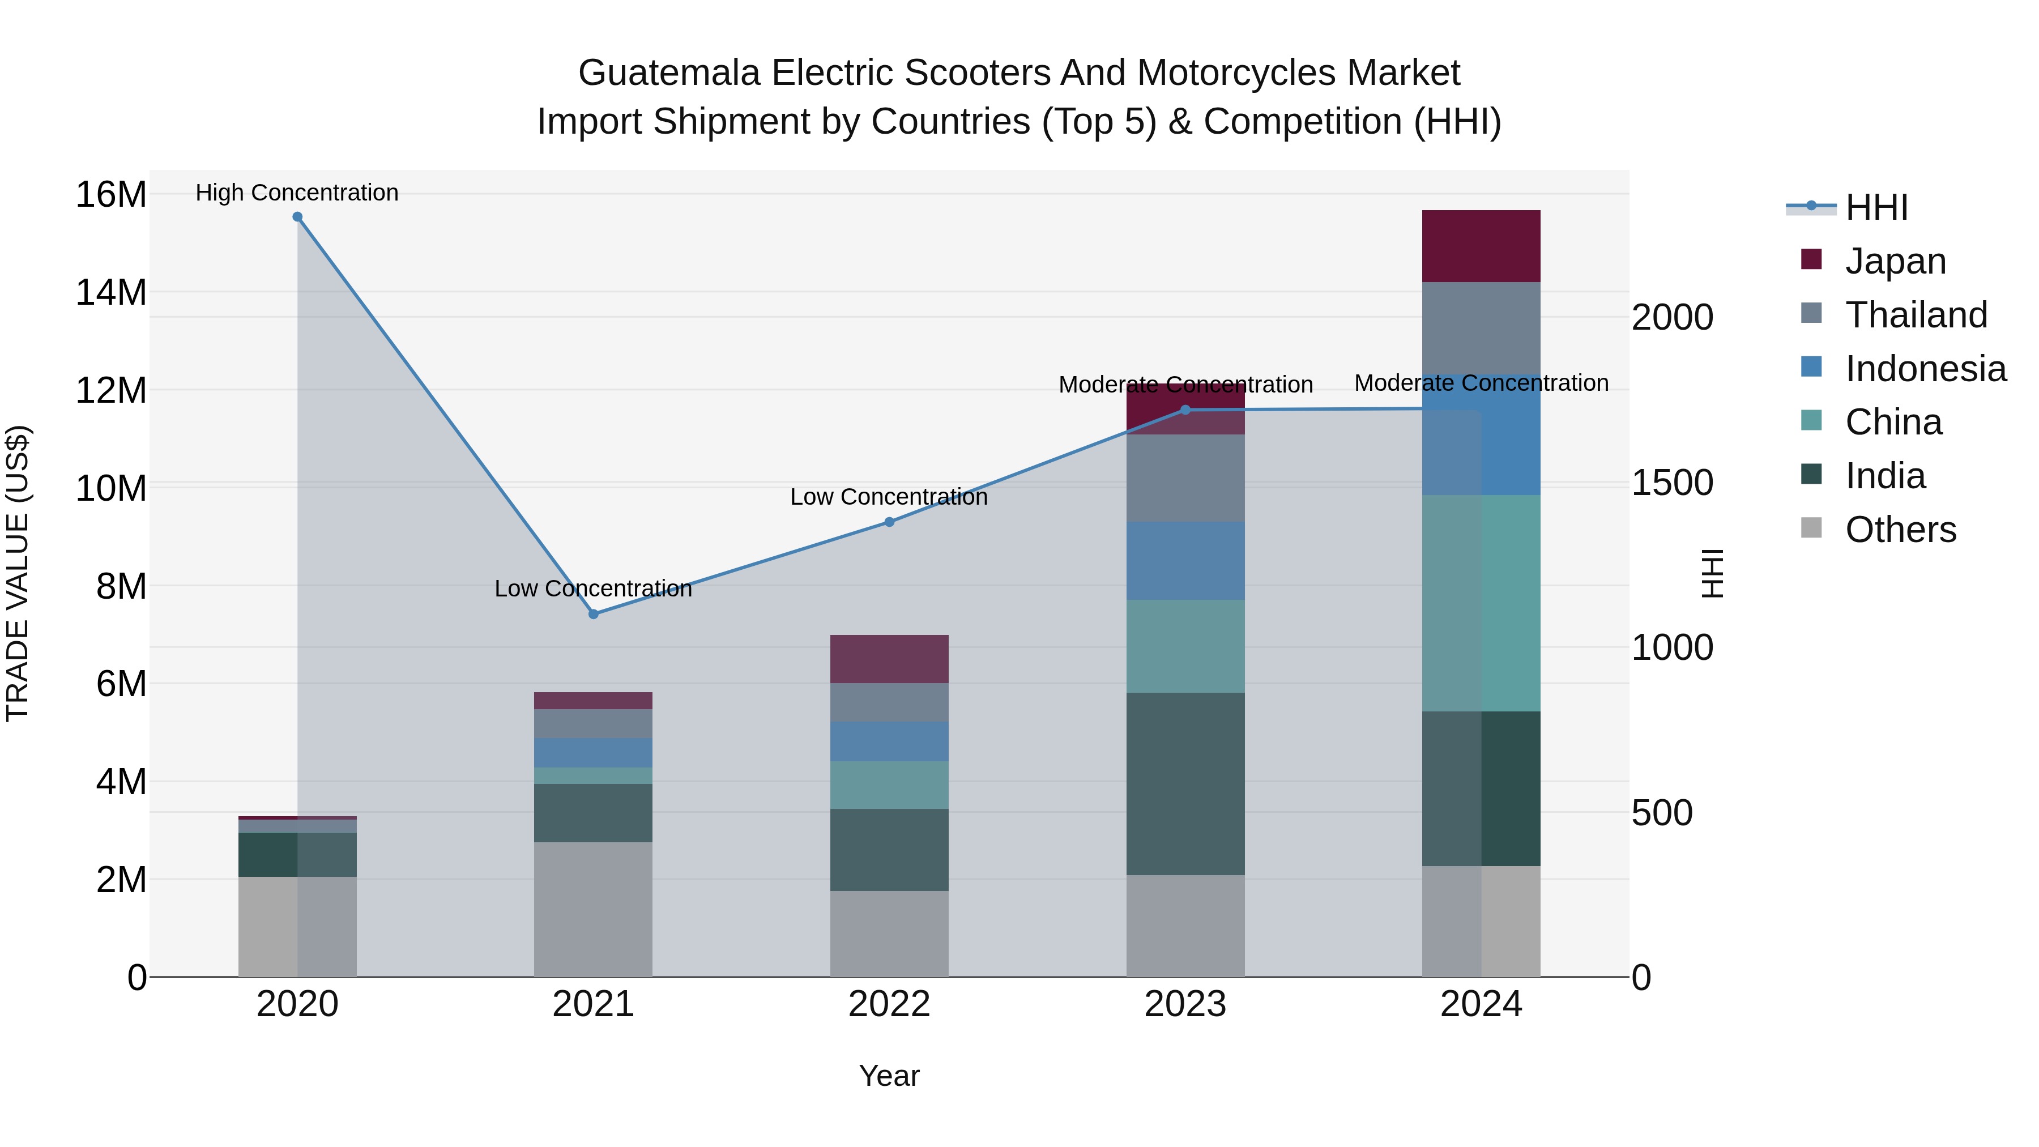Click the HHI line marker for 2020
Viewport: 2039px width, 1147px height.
coord(297,217)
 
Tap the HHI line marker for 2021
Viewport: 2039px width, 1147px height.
coord(594,614)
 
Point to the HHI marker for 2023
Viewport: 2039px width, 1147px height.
coord(1185,410)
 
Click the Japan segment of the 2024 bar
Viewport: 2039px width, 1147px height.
coord(1481,246)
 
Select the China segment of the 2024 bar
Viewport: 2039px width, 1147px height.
coord(1481,603)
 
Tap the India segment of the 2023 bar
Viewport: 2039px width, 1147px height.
coord(1185,784)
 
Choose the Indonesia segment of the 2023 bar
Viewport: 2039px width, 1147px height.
coord(1185,560)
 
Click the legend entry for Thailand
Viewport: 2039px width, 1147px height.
coord(1916,315)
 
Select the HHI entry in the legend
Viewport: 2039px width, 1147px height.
coord(1876,207)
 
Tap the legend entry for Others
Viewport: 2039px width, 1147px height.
coord(1900,530)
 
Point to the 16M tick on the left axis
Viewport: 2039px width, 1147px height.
coord(111,195)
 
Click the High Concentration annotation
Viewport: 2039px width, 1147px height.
coord(297,193)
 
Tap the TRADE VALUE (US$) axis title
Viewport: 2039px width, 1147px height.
coord(18,573)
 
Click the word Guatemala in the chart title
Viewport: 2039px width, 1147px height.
coord(669,73)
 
